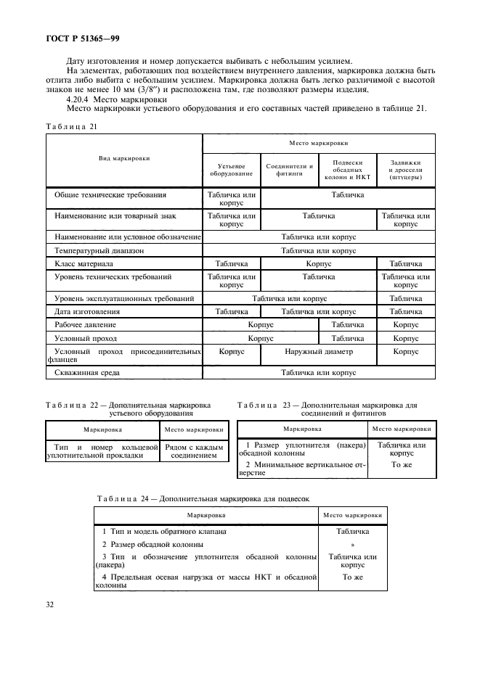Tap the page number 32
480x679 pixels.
point(50,603)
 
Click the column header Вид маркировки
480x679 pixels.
point(124,157)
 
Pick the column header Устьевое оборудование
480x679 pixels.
point(231,170)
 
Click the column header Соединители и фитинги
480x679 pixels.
point(289,170)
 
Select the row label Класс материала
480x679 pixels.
point(84,264)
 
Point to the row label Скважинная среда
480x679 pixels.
point(87,373)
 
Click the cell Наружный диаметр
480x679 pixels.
point(318,351)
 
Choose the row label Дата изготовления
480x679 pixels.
point(89,311)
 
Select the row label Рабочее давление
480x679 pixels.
point(86,325)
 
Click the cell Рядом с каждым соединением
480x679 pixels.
point(196,451)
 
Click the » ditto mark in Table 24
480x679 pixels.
point(352,543)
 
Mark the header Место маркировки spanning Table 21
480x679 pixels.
point(318,143)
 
